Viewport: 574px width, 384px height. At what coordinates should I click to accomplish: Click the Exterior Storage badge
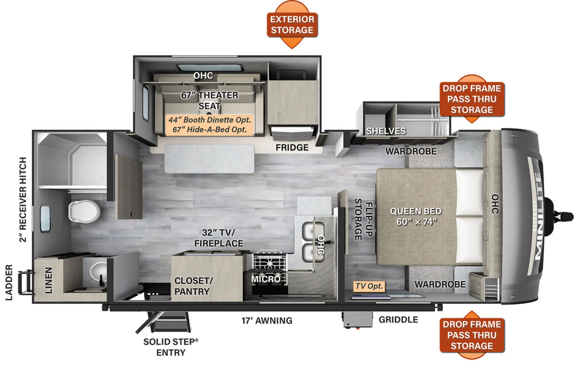(292, 25)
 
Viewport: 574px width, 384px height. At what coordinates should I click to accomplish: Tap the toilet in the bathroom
(84, 212)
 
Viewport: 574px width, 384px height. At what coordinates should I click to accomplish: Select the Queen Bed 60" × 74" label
(416, 217)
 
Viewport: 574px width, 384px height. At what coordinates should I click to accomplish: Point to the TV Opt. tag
(369, 286)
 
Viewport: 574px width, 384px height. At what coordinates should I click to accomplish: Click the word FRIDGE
(292, 147)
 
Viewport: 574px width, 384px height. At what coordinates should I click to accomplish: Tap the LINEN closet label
(49, 280)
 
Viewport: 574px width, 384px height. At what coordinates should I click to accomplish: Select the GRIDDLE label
(398, 319)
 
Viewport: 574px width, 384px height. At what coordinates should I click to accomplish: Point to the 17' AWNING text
(267, 320)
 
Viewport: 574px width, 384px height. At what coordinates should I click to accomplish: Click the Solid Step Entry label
(171, 347)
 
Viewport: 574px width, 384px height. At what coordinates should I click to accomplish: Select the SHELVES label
(386, 131)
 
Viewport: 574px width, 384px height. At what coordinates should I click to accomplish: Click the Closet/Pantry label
(194, 286)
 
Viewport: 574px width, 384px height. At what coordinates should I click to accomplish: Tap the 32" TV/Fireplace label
(219, 238)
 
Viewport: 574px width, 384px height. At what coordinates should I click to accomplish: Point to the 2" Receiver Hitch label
(23, 200)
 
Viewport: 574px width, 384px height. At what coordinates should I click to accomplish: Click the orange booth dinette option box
(210, 125)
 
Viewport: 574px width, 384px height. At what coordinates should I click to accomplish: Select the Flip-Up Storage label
(363, 219)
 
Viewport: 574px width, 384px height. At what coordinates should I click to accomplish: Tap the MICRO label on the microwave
(266, 279)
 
